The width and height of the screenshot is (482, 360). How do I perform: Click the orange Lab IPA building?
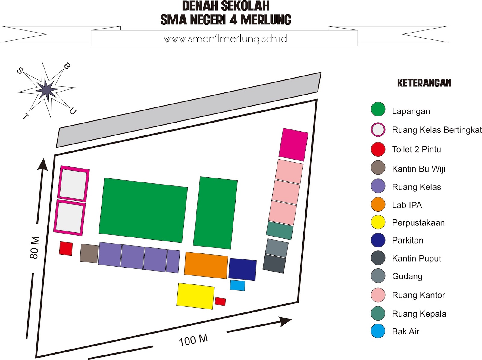tap(206, 265)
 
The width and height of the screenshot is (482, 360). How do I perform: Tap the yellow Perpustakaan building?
tap(195, 296)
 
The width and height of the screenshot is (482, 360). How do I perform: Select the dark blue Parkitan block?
tap(243, 269)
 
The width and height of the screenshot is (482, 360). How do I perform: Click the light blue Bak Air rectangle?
tap(237, 285)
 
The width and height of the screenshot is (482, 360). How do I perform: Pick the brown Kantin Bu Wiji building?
tap(89, 253)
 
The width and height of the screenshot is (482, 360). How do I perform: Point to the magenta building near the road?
tap(293, 144)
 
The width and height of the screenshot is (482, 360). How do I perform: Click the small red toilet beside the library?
tap(220, 301)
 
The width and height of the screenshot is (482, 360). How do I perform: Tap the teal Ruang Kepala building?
tap(280, 230)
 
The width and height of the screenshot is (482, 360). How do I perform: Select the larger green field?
tap(143, 210)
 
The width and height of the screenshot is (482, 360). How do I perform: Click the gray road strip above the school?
tap(189, 110)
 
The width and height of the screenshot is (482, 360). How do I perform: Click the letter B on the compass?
tap(67, 66)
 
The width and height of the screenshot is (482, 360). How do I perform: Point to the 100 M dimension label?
tap(193, 340)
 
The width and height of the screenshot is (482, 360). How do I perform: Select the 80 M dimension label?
tap(35, 248)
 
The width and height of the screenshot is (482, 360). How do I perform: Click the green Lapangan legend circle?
tap(378, 109)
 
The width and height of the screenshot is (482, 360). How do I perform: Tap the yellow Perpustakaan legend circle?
tap(378, 222)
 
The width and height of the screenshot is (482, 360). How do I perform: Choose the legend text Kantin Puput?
tap(416, 259)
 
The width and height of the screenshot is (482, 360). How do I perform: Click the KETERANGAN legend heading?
tap(424, 83)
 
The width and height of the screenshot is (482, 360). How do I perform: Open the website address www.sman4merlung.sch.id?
tap(225, 39)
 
